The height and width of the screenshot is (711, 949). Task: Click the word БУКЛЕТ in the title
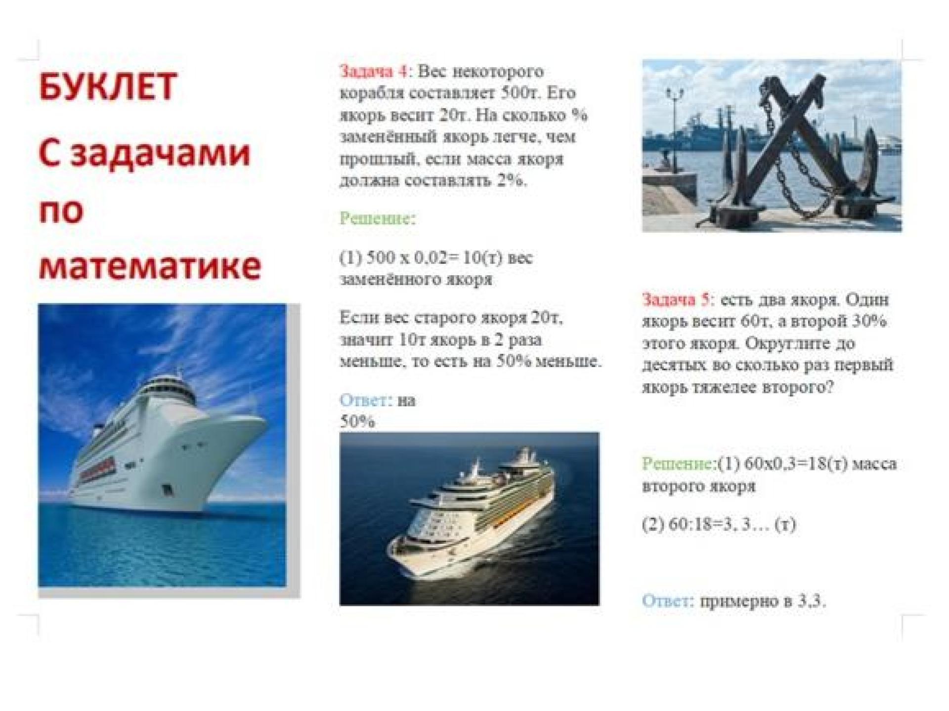click(107, 86)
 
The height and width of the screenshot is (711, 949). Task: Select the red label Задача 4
click(374, 71)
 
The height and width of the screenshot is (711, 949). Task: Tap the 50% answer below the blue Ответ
click(357, 422)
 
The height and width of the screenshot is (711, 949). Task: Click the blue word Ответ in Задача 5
click(666, 601)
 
